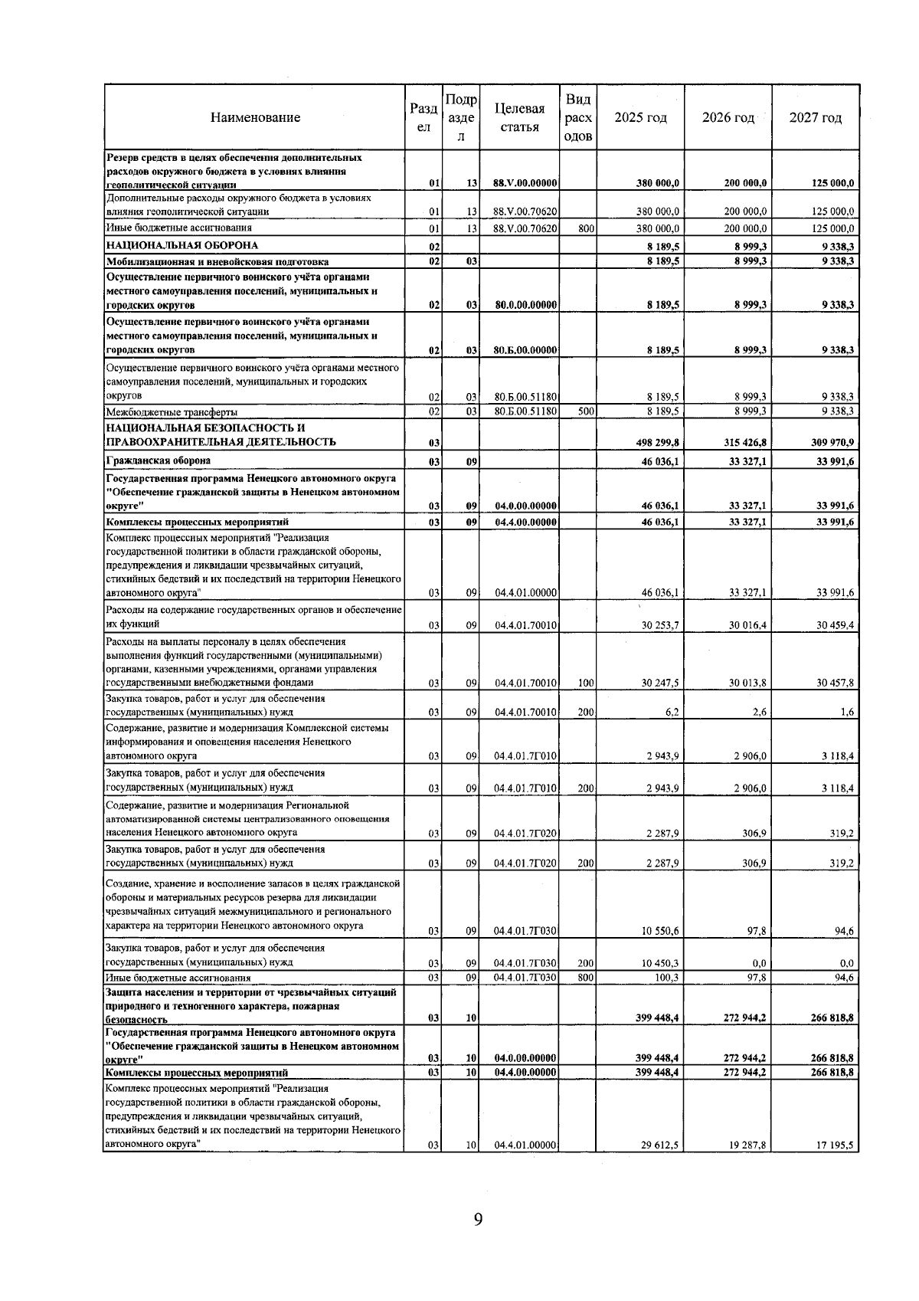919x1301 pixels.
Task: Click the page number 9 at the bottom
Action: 478,1219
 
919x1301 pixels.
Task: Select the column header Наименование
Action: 255,118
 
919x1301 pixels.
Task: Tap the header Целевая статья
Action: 520,118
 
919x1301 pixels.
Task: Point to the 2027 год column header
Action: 816,118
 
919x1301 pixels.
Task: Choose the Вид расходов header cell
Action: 578,118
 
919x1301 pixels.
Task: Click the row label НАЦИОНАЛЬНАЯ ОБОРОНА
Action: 182,245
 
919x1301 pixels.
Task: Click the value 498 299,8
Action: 658,443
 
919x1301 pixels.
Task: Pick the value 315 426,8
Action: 746,443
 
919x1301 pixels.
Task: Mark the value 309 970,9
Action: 833,443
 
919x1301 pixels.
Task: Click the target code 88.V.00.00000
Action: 525,183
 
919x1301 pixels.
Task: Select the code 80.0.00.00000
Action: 525,305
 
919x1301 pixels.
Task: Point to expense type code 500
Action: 586,411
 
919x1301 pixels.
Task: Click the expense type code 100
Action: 586,683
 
